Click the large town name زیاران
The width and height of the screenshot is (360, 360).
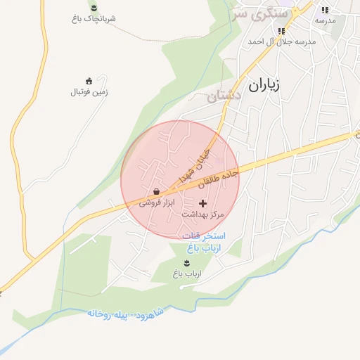pos(265,86)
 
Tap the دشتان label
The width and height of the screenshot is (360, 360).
pos(225,95)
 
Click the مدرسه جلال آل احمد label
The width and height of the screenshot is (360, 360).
pos(281,41)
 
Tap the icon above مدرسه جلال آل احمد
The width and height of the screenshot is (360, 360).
pos(281,31)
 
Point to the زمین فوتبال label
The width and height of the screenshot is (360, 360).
pos(89,92)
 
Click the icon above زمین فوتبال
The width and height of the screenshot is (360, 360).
pos(89,81)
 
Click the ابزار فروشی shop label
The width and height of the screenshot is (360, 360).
pos(155,202)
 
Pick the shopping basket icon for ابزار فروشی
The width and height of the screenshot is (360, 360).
pos(155,191)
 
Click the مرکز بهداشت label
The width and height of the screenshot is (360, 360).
pos(202,213)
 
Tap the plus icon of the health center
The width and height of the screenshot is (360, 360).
pos(203,202)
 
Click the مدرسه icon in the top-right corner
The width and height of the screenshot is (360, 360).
pos(324,11)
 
